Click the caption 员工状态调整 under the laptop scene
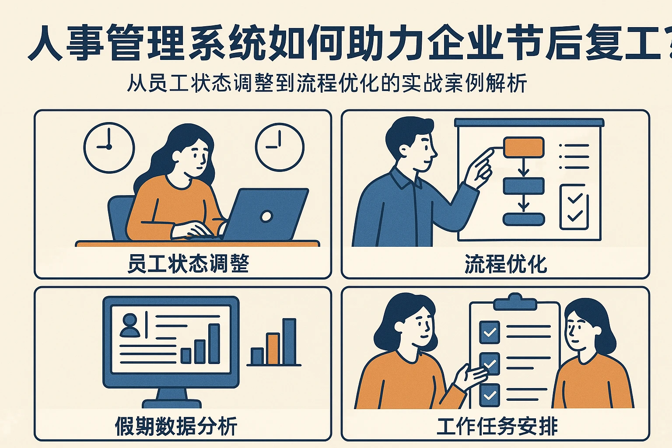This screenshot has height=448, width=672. click(x=188, y=264)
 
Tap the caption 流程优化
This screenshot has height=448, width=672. click(x=506, y=264)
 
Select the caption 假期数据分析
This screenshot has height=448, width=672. click(x=176, y=426)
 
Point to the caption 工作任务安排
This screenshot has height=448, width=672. click(x=497, y=426)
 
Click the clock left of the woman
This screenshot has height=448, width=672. click(x=109, y=147)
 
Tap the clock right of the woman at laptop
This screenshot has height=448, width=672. click(x=280, y=147)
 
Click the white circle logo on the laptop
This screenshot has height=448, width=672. click(x=266, y=216)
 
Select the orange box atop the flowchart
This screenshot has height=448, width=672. click(x=524, y=147)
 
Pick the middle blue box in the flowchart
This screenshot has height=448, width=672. click(x=524, y=186)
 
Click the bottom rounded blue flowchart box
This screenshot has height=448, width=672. click(x=524, y=219)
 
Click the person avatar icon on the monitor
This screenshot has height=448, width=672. click(x=130, y=325)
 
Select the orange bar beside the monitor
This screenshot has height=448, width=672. click(x=273, y=349)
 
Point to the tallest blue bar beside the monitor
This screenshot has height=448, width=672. click(x=289, y=341)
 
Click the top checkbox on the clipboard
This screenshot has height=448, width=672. click(x=490, y=332)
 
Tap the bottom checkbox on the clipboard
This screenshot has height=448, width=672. click(x=490, y=395)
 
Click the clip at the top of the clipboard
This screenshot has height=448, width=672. click(x=514, y=302)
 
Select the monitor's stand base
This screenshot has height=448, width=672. click(x=171, y=403)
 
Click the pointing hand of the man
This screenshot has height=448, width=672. click(x=480, y=166)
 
